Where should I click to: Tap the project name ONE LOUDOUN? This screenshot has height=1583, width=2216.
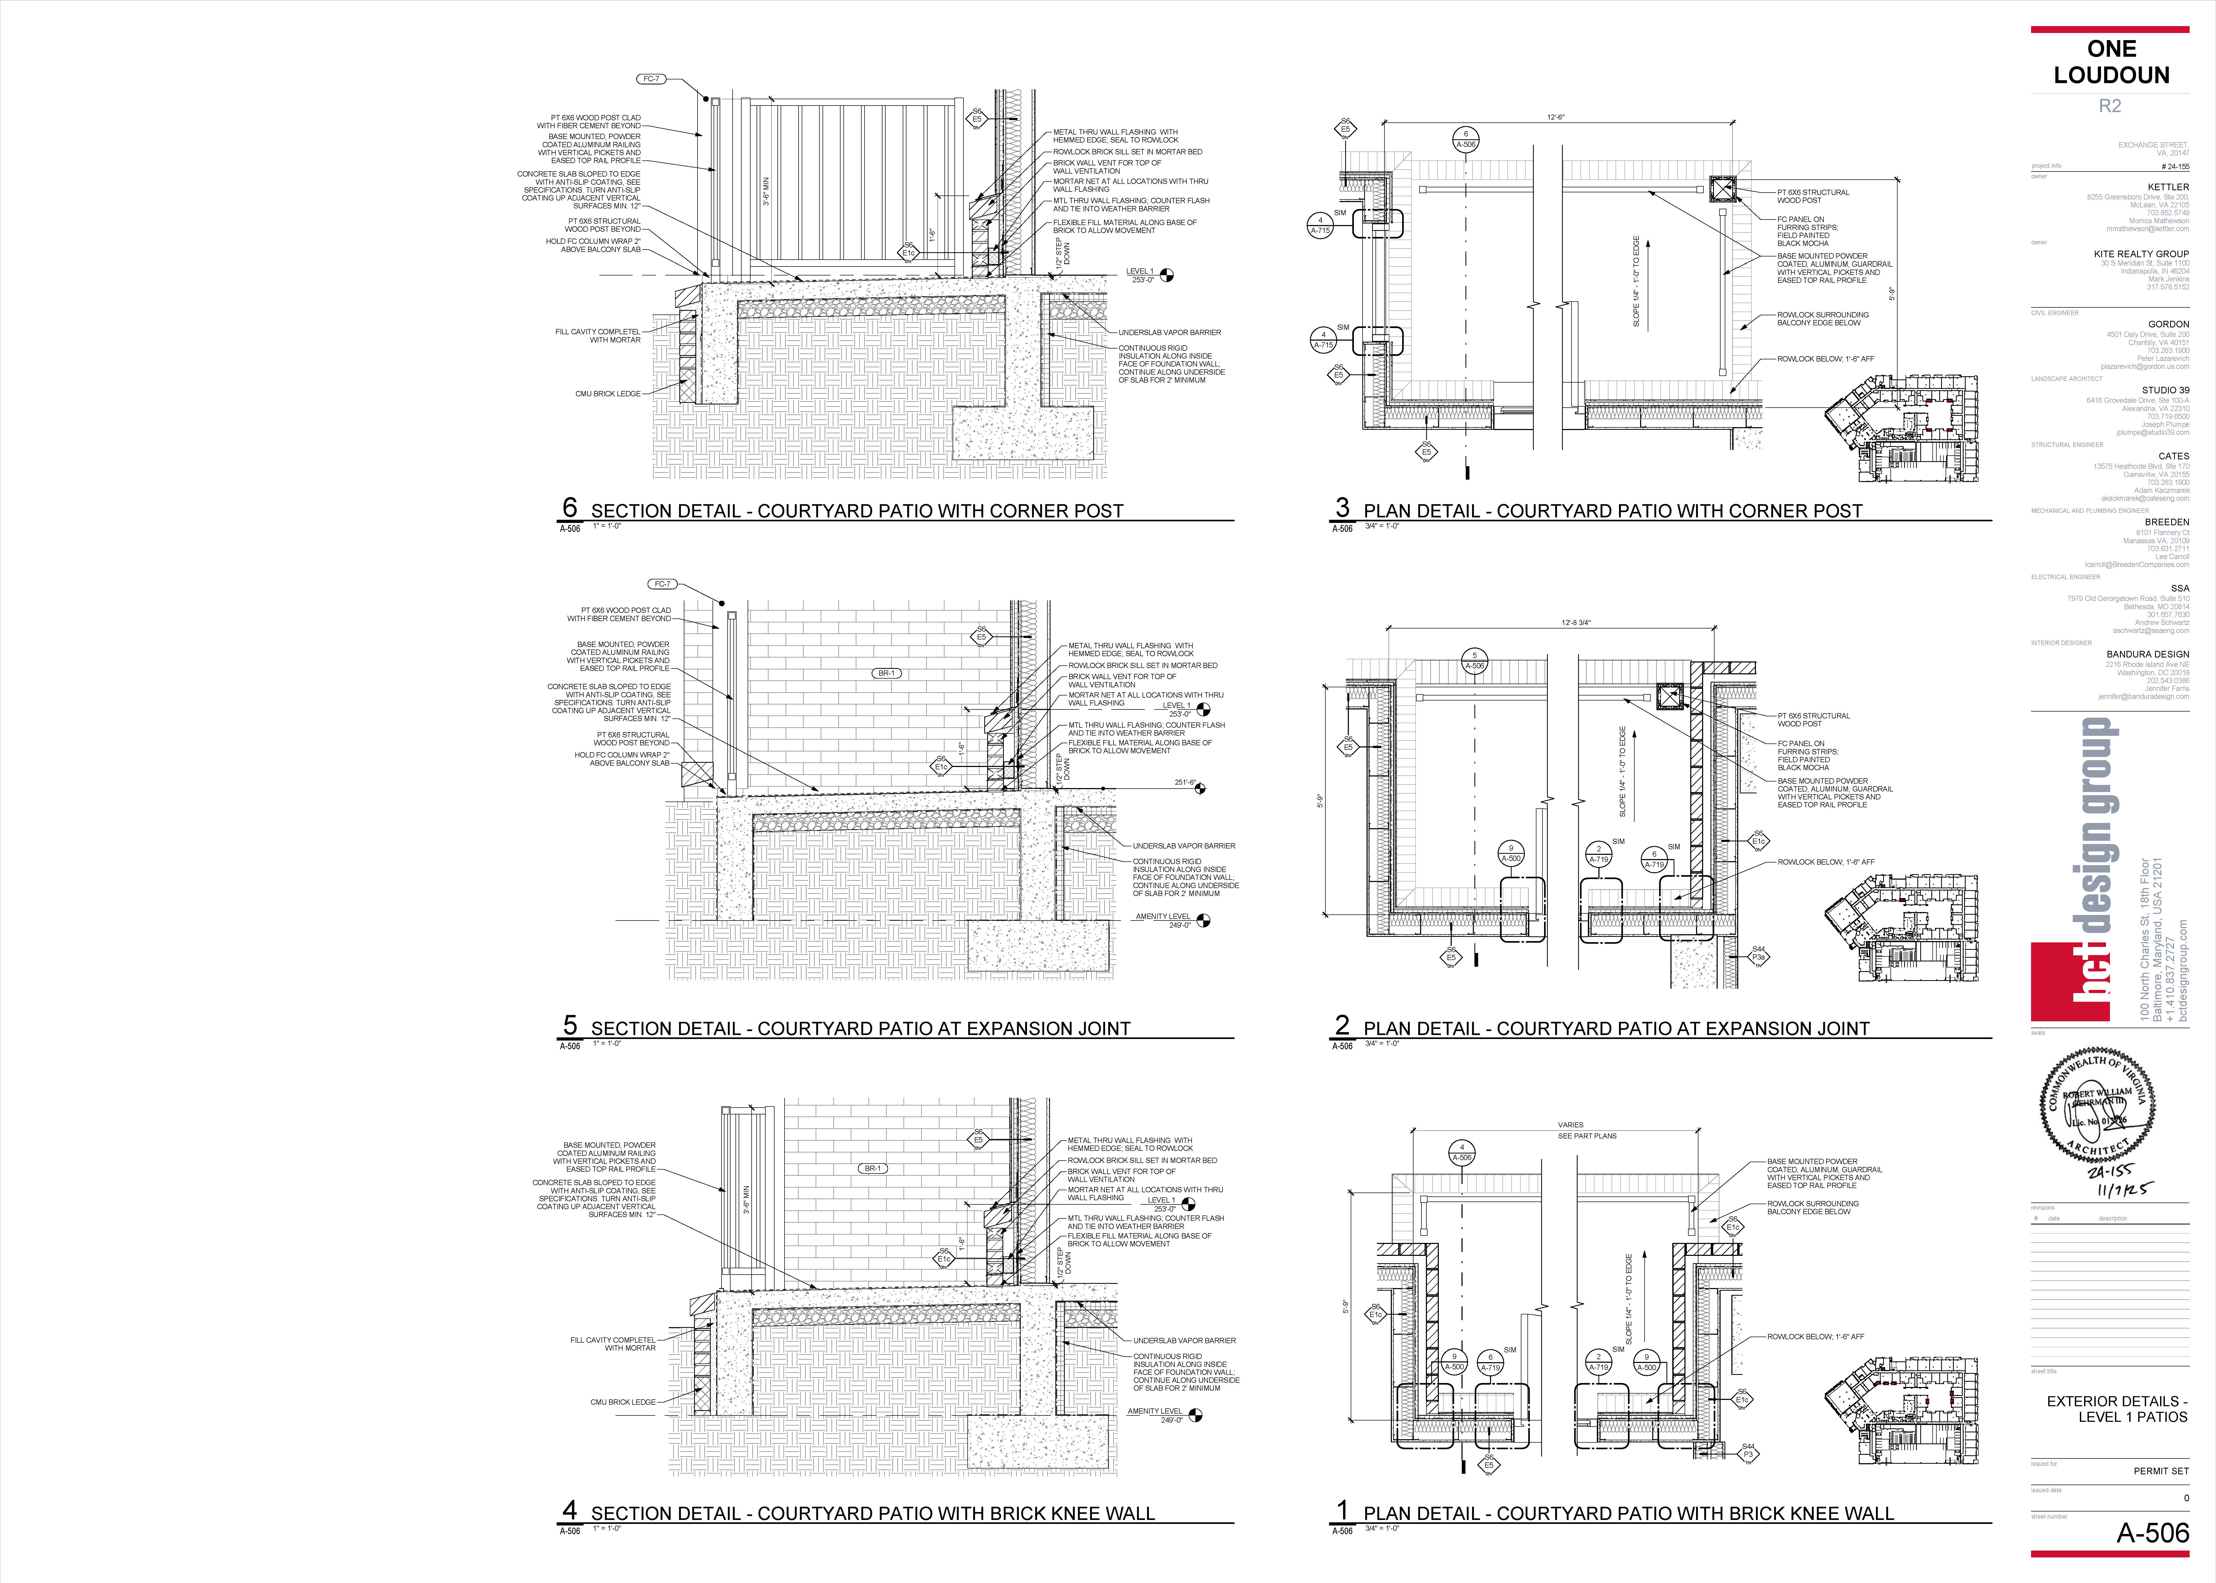pyautogui.click(x=2111, y=61)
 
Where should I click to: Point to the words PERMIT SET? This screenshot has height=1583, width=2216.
pyautogui.click(x=2160, y=1471)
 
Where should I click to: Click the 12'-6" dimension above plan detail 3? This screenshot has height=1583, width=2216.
pyautogui.click(x=1555, y=117)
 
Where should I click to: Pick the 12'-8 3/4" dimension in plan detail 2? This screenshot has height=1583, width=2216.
pyautogui.click(x=1576, y=622)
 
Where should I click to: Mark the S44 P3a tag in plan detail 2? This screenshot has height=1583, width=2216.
pyautogui.click(x=1758, y=954)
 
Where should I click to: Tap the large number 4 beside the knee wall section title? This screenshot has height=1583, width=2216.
pyautogui.click(x=570, y=1509)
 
